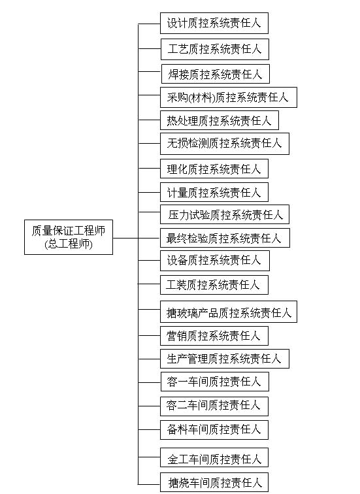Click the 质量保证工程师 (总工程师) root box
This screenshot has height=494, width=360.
pos(69,237)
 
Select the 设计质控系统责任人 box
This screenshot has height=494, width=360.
pos(214,23)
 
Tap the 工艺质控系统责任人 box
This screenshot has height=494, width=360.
pos(215,49)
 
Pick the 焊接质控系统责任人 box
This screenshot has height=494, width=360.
pos(216,74)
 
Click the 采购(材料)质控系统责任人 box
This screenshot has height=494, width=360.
pos(228,97)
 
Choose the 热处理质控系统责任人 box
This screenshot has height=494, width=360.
pos(220,120)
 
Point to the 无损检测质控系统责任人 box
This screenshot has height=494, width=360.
pos(225,144)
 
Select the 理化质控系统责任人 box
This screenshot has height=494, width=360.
pos(214,169)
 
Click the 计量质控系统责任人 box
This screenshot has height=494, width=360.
pos(214,192)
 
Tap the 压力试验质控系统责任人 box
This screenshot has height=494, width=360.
pos(225,214)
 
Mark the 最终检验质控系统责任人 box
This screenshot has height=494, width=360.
pos(225,238)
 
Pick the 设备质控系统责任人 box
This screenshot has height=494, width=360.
pos(215,261)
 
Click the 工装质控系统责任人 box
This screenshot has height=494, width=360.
pos(214,285)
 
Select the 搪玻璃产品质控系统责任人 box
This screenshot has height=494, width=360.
pos(228,312)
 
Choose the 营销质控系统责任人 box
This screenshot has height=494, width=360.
pos(214,336)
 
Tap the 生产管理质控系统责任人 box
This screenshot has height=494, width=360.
pos(225,359)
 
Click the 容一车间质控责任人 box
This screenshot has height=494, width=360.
pos(215,382)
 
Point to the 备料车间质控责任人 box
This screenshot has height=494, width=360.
pos(214,430)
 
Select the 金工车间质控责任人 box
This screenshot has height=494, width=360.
pos(214,457)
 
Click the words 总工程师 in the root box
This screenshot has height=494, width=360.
pos(69,244)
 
